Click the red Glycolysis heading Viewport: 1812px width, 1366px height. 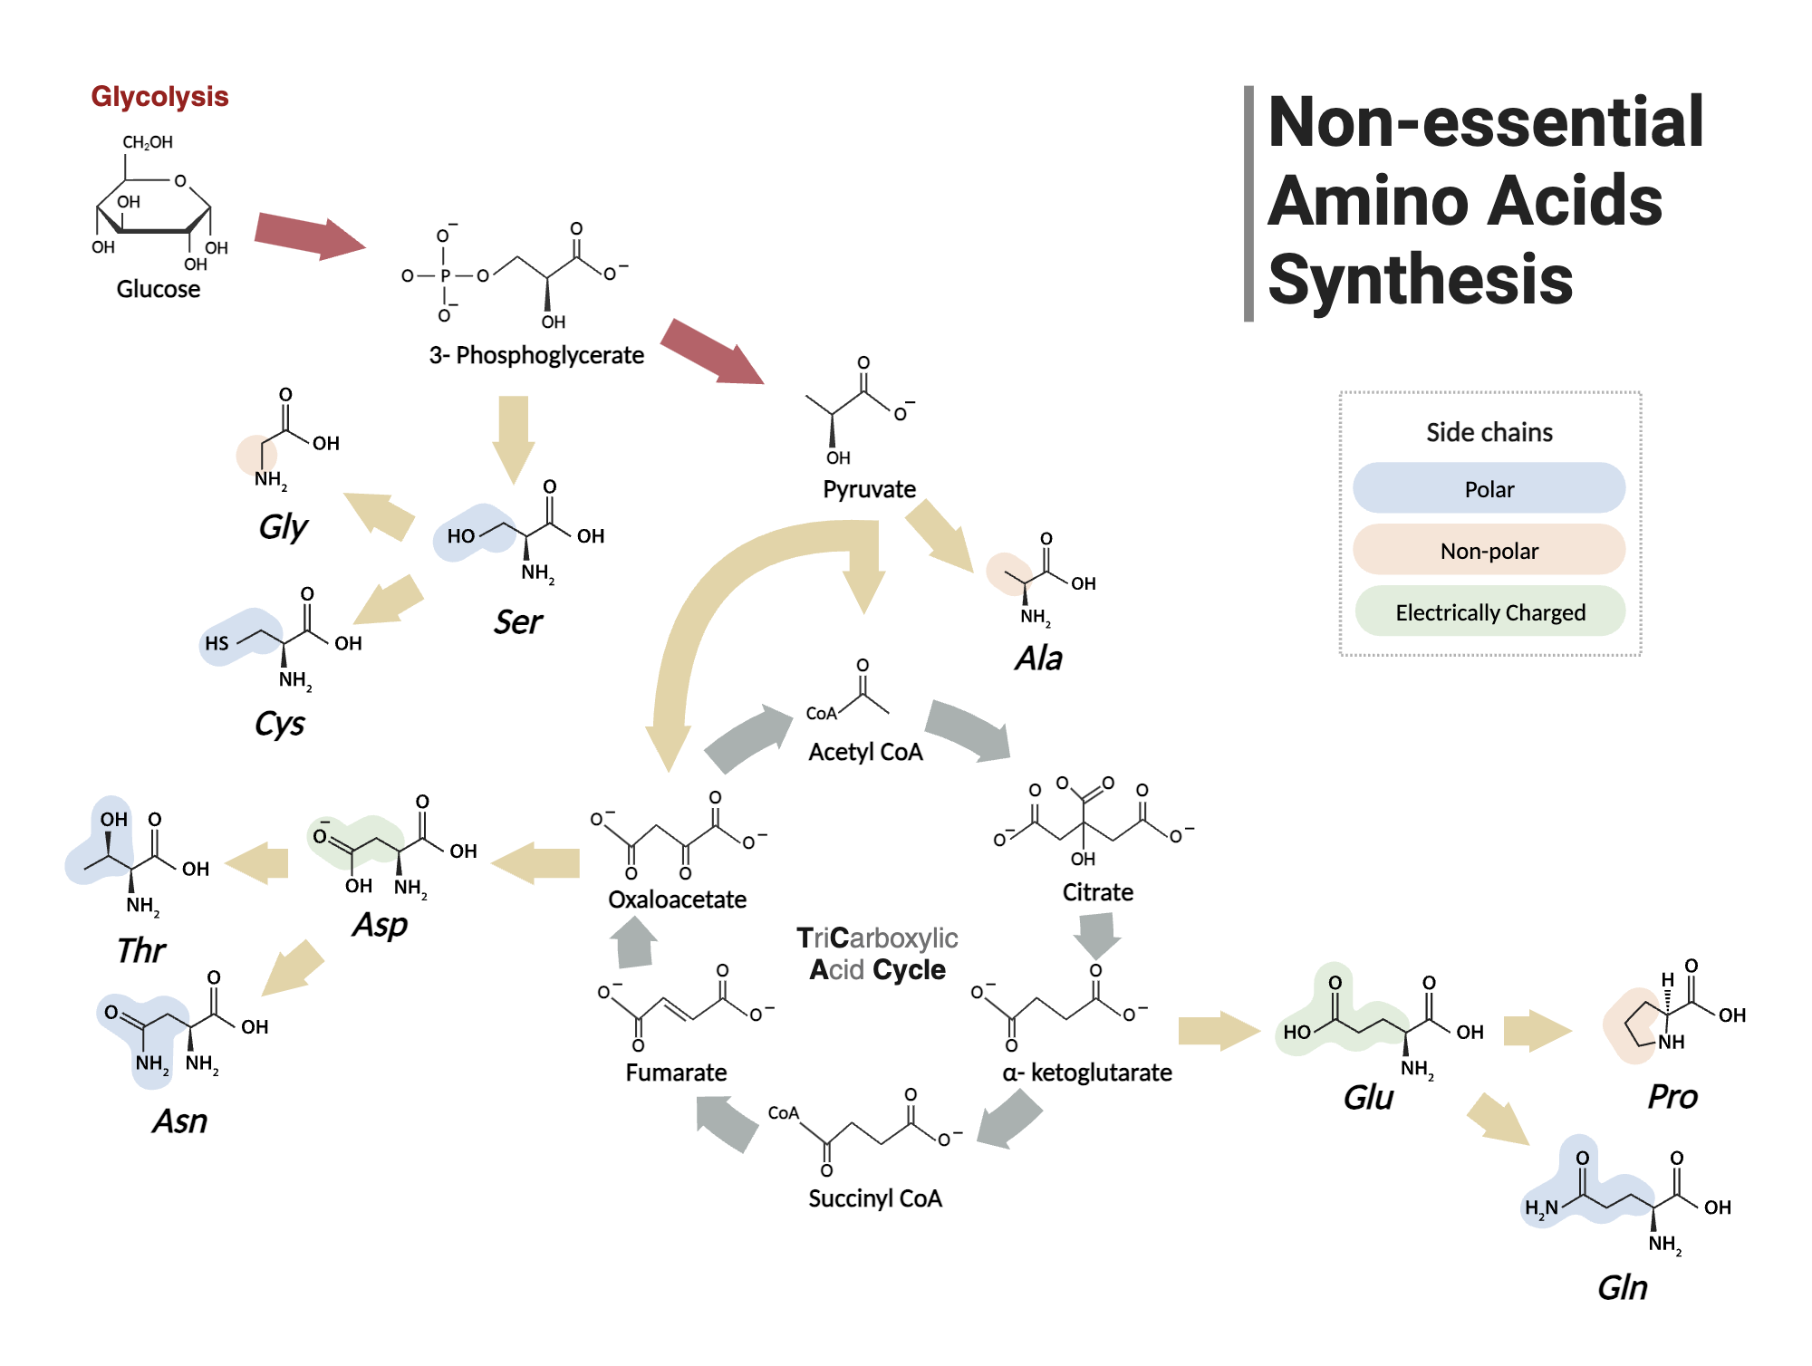point(159,96)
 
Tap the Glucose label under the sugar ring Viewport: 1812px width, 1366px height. point(158,289)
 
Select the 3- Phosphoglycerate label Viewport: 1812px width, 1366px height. point(536,355)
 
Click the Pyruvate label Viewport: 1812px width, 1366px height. point(869,489)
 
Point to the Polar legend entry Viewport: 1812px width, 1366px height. point(1489,489)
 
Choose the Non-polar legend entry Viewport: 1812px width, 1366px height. point(1489,551)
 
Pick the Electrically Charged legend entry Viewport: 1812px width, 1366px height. point(1489,612)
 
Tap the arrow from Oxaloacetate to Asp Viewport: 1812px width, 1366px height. point(536,862)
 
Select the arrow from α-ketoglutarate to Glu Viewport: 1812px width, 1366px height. point(1218,1031)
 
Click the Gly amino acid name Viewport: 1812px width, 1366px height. point(283,526)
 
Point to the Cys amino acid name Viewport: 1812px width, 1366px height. point(279,724)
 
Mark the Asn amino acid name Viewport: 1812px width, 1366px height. point(179,1121)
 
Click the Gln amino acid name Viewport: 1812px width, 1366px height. point(1622,1287)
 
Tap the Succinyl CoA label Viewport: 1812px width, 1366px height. point(874,1198)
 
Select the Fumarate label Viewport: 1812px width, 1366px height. point(676,1073)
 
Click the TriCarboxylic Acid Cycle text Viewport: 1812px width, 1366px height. point(877,954)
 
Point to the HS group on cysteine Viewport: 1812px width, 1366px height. point(217,643)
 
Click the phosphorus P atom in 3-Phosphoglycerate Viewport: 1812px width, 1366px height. point(445,275)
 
